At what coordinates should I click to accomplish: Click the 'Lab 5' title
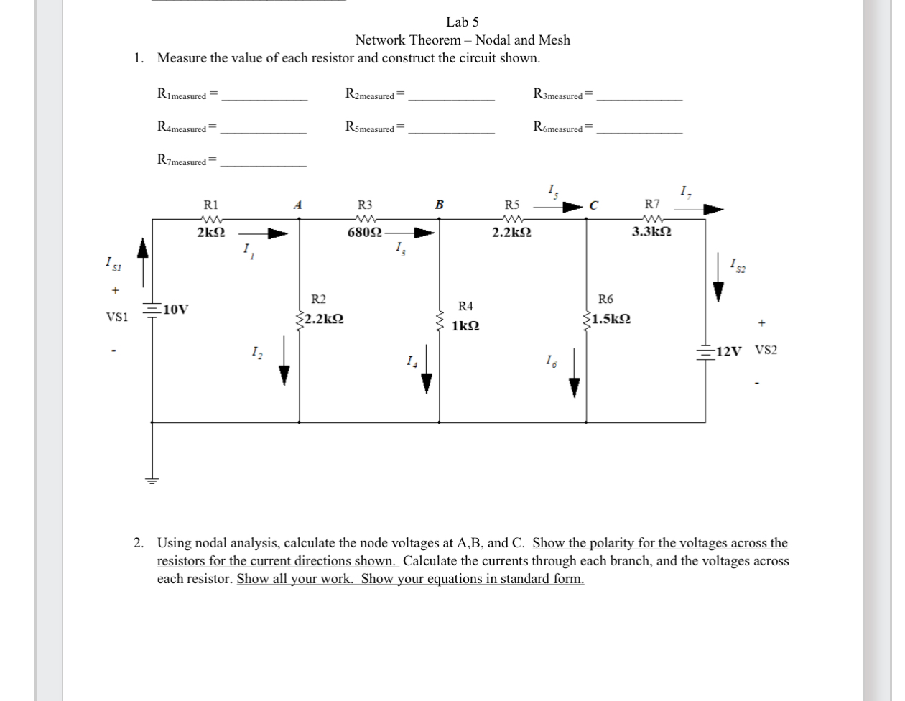(x=462, y=22)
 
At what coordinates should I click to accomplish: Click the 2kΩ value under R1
(x=210, y=233)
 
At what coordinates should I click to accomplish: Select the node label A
(x=297, y=205)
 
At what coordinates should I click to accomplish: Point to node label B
(x=439, y=205)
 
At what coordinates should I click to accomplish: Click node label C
(x=593, y=205)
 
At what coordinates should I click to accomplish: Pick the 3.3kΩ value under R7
(x=651, y=232)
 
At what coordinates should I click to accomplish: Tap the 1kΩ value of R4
(x=465, y=326)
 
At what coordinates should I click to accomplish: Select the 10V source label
(x=176, y=310)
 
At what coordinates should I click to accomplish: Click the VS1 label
(x=116, y=317)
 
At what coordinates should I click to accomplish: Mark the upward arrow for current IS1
(x=144, y=251)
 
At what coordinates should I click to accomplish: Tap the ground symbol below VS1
(x=152, y=480)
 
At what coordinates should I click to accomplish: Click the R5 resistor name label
(x=511, y=205)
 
